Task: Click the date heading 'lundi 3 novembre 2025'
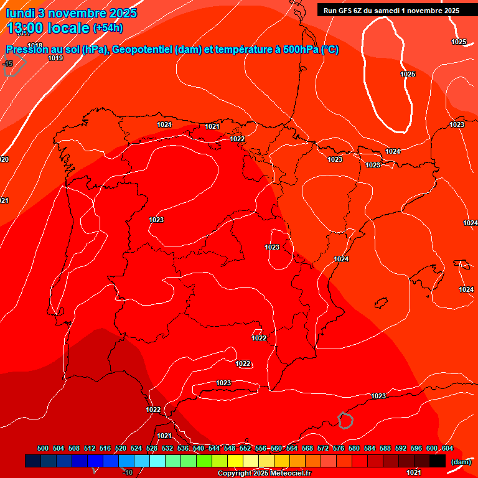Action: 72,13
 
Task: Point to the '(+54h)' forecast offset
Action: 108,28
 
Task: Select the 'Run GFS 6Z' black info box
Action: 391,10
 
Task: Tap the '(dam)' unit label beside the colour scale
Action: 461,461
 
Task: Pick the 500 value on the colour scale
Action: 43,449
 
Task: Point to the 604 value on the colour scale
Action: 447,449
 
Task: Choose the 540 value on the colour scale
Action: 199,449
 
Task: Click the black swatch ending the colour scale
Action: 438,461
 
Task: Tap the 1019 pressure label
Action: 55,58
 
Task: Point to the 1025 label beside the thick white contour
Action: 408,74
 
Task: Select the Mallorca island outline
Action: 462,264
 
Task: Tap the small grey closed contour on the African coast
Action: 345,420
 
